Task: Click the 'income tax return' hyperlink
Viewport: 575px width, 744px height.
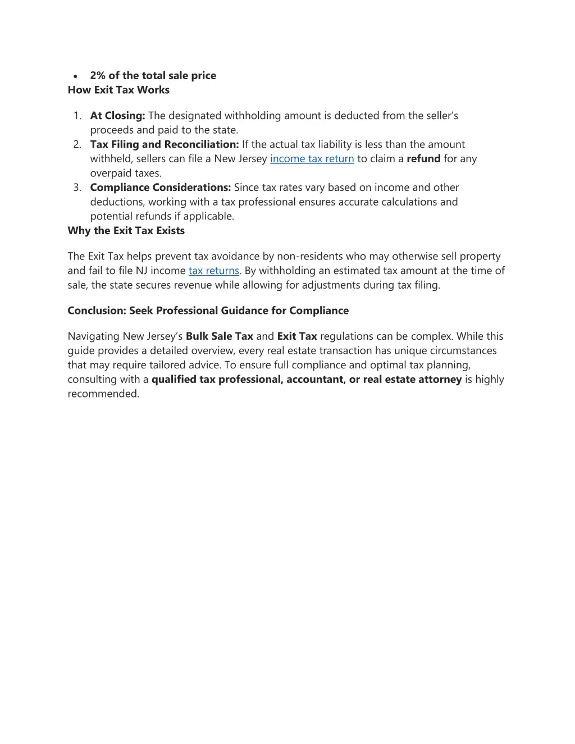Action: click(x=312, y=159)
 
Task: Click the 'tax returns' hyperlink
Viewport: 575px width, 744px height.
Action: click(x=214, y=271)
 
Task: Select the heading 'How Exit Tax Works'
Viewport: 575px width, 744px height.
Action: click(x=118, y=90)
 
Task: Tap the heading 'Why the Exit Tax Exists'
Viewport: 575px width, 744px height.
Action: click(x=126, y=231)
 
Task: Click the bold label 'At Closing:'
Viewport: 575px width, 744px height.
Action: click(x=117, y=116)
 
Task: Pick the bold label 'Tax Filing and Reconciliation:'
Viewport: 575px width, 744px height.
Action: click(x=165, y=144)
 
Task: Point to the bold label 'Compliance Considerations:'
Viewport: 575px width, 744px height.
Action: click(x=161, y=188)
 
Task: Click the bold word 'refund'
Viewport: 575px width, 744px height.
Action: click(x=423, y=159)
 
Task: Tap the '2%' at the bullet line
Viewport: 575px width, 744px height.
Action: click(x=98, y=76)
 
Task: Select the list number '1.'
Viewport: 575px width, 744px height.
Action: click(x=77, y=116)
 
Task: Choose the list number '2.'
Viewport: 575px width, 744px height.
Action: click(x=77, y=144)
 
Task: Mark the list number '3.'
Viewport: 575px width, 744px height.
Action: click(x=77, y=188)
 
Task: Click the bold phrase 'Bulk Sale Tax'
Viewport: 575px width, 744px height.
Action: click(x=220, y=336)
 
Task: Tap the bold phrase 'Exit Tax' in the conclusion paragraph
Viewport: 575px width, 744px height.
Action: click(x=297, y=336)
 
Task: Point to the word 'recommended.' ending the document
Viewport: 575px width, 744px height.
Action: click(x=103, y=394)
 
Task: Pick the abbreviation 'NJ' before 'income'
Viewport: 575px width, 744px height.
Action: click(x=142, y=271)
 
